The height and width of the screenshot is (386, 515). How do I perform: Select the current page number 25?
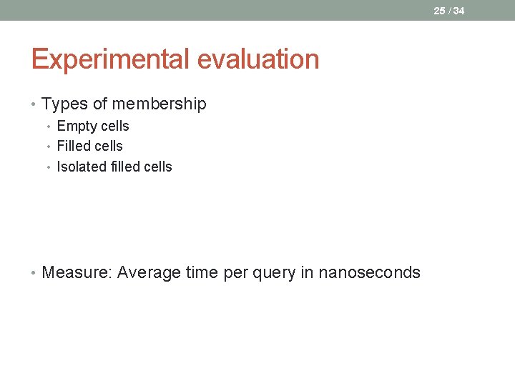(439, 11)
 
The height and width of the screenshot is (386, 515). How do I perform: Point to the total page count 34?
(458, 11)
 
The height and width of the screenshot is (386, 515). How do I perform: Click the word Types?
(64, 104)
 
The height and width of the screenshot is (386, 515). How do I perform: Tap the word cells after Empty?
(114, 127)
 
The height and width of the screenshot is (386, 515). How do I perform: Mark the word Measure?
(77, 272)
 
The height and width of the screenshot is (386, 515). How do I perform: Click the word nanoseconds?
(369, 272)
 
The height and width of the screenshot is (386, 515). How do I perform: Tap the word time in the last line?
(202, 272)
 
